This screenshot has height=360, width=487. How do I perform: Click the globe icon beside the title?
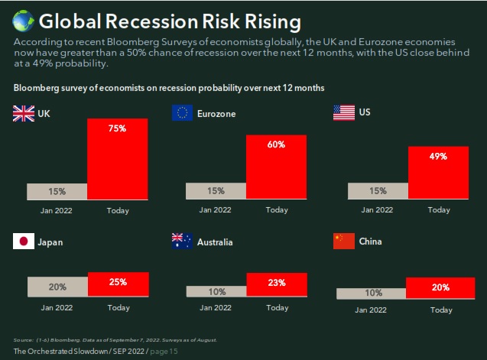click(x=21, y=18)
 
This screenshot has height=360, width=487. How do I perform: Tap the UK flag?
click(x=24, y=114)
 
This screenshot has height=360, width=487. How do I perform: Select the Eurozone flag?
click(x=182, y=113)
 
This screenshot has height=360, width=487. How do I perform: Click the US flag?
click(x=344, y=113)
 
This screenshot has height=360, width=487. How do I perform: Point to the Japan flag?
click(x=24, y=242)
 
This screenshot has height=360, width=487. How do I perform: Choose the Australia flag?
click(x=182, y=242)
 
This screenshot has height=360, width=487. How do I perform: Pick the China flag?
click(x=344, y=242)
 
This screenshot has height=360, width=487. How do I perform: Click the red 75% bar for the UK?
click(x=118, y=158)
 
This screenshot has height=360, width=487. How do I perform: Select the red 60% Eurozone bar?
click(x=276, y=167)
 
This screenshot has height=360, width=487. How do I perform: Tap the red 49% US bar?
click(x=438, y=172)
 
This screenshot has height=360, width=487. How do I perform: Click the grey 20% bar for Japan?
click(x=57, y=287)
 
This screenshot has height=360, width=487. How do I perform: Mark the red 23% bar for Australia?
click(x=276, y=284)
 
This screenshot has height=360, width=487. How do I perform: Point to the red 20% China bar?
click(x=440, y=287)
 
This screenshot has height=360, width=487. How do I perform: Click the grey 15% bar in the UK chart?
click(x=57, y=191)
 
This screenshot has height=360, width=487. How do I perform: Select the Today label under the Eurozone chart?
click(x=277, y=209)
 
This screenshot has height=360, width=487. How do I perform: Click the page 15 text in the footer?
click(x=164, y=350)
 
